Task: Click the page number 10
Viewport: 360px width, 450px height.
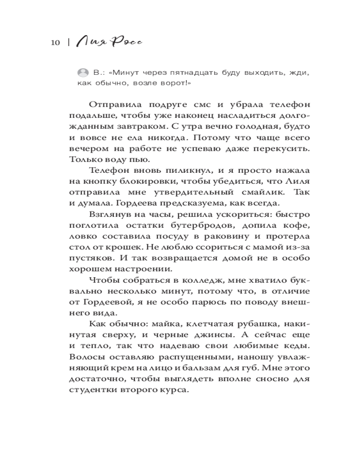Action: tap(55, 42)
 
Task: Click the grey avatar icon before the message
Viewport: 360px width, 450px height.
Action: tap(83, 73)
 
